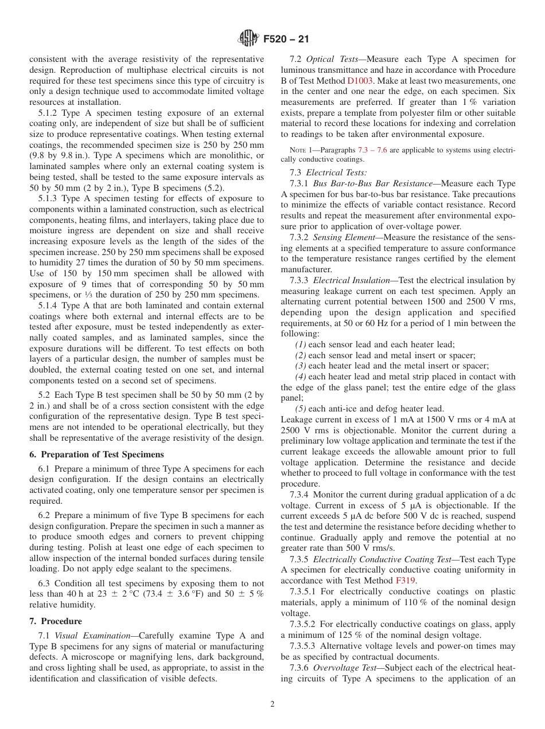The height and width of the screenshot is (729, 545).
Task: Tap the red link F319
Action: (405, 580)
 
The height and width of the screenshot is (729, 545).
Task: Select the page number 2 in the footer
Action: (272, 704)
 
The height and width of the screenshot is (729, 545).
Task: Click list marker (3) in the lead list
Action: (301, 366)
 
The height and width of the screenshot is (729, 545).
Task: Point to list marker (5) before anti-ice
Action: (301, 409)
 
